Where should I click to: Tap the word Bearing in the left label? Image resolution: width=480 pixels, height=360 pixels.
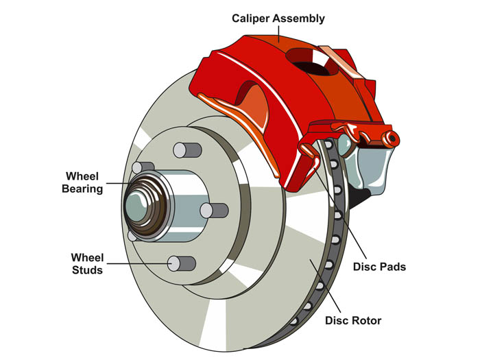click(84, 189)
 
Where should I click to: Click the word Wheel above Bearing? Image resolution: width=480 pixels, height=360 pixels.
click(84, 176)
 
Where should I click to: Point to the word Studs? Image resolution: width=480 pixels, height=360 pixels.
click(87, 270)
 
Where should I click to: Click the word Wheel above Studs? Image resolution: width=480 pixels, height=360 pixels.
click(87, 257)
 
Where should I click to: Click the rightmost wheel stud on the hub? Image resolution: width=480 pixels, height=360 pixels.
click(217, 210)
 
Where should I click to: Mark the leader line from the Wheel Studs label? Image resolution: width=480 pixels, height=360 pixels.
click(137, 263)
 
